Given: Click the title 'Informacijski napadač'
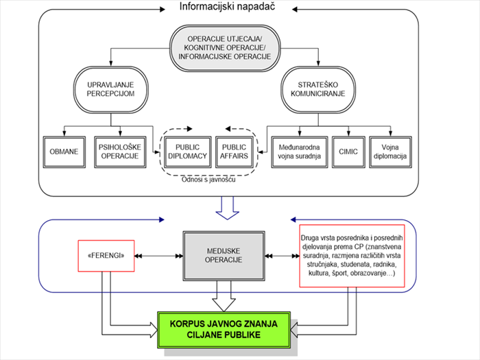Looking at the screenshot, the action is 227,6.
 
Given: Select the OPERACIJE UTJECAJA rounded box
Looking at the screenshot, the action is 225,48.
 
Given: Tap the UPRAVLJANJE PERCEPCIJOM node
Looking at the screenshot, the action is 111,89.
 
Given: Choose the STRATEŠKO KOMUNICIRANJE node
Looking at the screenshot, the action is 318,89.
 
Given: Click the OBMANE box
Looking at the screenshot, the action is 64,152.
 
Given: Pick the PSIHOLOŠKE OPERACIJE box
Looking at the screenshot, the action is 120,152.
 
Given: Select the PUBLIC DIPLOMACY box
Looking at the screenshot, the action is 188,152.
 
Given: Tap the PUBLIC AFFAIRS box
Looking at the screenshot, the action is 235,152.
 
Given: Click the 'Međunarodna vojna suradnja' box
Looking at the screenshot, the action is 300,152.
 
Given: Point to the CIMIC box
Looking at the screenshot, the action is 348,152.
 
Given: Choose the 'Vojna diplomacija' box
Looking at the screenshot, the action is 390,152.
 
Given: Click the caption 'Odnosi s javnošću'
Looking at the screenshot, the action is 208,180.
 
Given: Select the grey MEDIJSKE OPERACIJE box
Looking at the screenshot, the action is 224,256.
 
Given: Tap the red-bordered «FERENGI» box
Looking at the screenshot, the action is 106,256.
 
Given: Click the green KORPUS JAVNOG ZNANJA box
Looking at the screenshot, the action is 224,329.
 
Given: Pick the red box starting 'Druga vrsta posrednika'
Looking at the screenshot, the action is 352,256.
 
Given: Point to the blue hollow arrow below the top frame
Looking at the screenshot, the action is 227,208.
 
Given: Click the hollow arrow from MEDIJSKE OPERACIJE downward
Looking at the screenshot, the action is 224,296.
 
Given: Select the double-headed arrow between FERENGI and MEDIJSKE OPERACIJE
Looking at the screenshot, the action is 158,256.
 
